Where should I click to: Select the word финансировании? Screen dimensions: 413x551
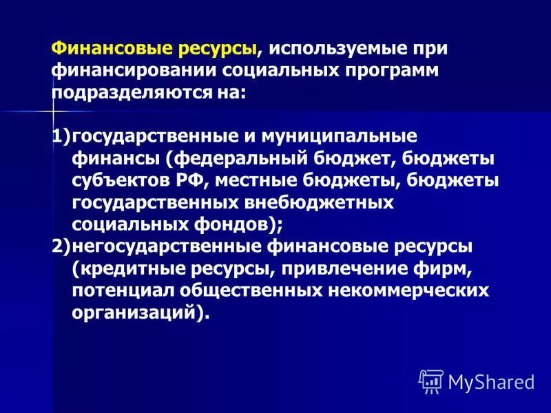click(134, 71)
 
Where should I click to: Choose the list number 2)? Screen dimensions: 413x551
click(61, 246)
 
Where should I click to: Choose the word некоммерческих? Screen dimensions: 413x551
click(407, 290)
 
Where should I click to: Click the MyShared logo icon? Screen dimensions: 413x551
click(430, 380)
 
